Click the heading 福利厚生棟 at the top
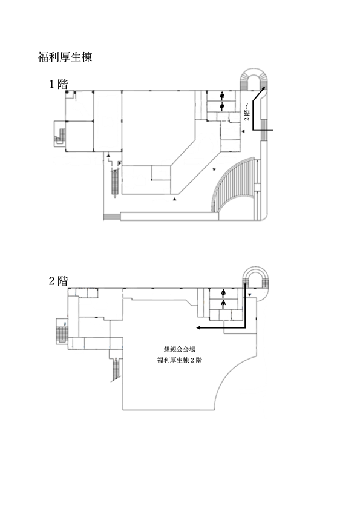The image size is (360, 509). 65,57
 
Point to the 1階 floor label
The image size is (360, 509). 59,84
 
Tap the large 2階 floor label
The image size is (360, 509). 59,281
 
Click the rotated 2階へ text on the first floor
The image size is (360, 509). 247,112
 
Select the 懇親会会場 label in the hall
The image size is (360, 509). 180,349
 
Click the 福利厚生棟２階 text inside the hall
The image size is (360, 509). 180,360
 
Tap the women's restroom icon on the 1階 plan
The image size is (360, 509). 223,96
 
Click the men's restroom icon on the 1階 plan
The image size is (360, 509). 223,107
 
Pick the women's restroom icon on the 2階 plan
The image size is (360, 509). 223,294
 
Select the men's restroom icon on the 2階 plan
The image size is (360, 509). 223,304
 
